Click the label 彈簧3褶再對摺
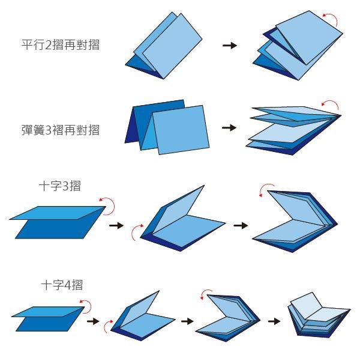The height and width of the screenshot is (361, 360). [x=60, y=129]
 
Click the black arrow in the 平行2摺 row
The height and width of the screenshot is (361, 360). [x=229, y=45]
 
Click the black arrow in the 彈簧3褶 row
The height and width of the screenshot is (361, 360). [x=229, y=128]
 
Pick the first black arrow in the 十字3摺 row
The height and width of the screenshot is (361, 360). [x=116, y=225]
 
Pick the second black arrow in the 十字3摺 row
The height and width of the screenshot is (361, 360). [x=241, y=225]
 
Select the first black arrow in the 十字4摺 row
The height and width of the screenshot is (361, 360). [x=93, y=321]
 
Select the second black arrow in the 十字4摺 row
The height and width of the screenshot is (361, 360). [x=187, y=321]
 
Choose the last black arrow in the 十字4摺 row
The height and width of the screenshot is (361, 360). [x=274, y=321]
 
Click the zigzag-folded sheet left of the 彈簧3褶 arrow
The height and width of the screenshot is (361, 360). [x=167, y=125]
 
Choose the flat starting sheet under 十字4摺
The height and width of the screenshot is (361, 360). [x=47, y=318]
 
